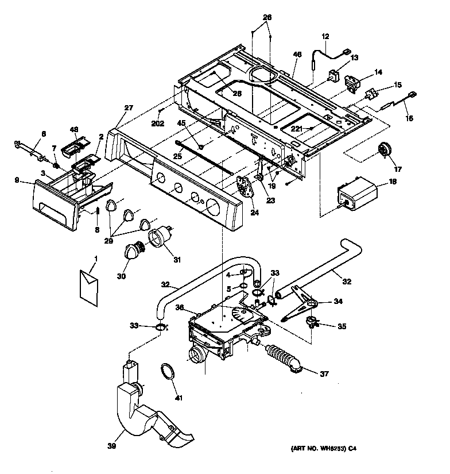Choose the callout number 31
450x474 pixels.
(x=177, y=259)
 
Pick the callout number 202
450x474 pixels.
(x=158, y=123)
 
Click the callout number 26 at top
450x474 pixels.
(x=267, y=17)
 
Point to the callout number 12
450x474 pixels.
(x=326, y=37)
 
